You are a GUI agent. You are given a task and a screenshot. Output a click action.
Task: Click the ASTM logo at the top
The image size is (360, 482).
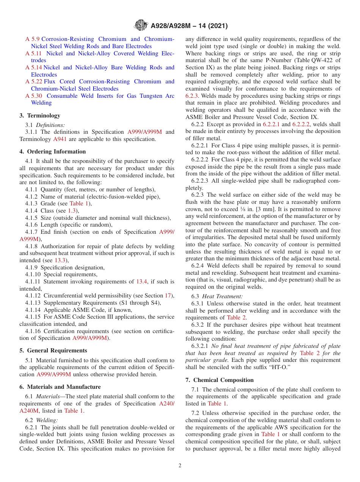(141, 26)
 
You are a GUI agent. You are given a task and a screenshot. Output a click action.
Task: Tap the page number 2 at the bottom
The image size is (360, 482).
(180, 465)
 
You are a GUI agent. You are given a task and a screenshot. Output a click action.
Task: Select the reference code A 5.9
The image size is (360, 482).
(32, 39)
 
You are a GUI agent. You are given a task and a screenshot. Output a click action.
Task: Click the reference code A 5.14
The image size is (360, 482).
(34, 67)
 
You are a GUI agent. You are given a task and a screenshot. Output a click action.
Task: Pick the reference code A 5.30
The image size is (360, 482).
(34, 96)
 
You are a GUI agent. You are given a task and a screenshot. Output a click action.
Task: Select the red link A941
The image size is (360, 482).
(59, 139)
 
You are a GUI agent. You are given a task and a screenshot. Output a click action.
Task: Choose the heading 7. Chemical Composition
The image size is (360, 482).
(219, 380)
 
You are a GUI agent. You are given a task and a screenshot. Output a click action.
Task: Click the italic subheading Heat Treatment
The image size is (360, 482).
(222, 296)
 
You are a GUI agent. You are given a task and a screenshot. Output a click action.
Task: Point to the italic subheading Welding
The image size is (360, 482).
(47, 420)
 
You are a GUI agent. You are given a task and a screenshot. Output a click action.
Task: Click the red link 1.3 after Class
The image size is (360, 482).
(72, 211)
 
